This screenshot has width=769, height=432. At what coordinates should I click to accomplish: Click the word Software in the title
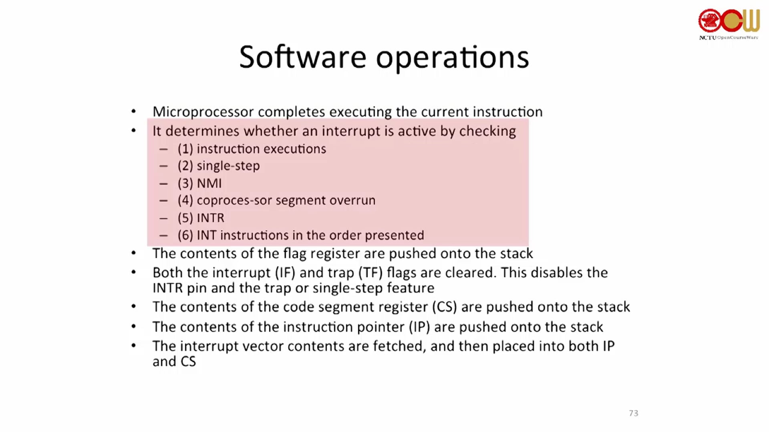(x=303, y=57)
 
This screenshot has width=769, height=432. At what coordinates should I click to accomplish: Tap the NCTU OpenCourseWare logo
(x=729, y=24)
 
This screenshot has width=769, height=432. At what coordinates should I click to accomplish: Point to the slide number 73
(x=633, y=413)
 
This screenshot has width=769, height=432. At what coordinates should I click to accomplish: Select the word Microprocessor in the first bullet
(x=203, y=112)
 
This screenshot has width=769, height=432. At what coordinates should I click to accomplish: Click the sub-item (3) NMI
(x=199, y=183)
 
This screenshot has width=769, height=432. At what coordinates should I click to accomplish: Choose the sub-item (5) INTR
(x=201, y=218)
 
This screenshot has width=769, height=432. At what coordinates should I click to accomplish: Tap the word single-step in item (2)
(x=228, y=166)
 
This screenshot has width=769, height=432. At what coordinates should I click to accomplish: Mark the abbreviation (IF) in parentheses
(x=285, y=273)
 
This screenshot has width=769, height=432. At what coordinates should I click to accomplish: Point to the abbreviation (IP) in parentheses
(x=419, y=327)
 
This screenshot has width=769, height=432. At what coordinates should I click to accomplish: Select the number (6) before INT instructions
(x=185, y=235)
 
